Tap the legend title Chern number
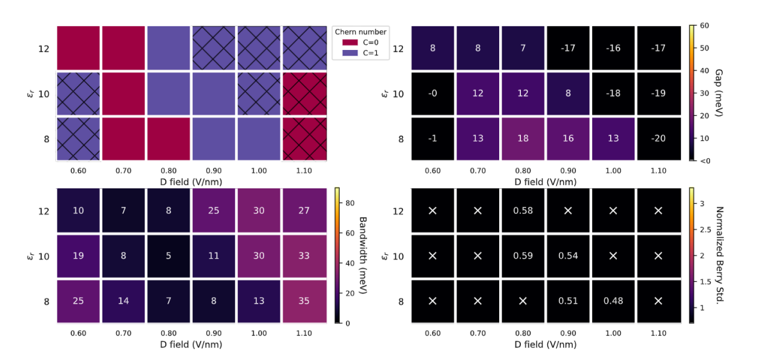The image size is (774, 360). pos(361,32)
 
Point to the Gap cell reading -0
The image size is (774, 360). pos(432,94)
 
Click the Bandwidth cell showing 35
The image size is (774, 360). pos(304,301)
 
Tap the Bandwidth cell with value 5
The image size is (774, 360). pos(169,256)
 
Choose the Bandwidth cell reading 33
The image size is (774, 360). pos(304,256)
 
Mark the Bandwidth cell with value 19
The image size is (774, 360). pos(78,256)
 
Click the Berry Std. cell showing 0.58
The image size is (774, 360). pos(523,211)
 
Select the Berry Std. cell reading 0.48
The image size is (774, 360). pos(613,301)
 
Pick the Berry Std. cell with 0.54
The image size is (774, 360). pos(568,256)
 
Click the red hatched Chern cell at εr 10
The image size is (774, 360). pos(304,94)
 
